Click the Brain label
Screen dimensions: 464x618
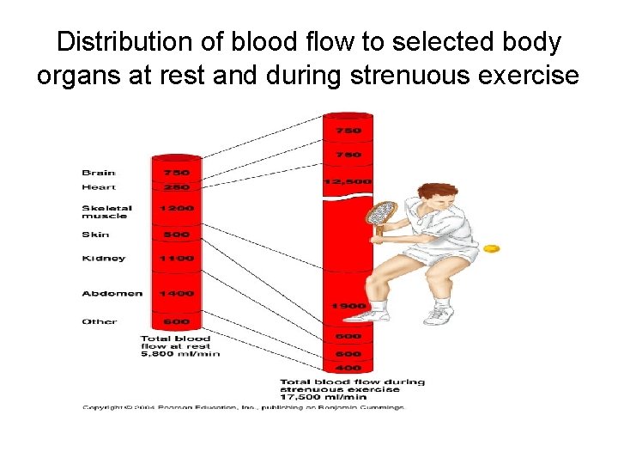pyautogui.click(x=98, y=173)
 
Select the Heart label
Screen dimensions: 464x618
pyautogui.click(x=98, y=186)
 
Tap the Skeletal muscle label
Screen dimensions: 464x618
pyautogui.click(x=106, y=211)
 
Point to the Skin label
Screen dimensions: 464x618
pyautogui.click(x=95, y=234)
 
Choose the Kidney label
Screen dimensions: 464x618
pyautogui.click(x=103, y=258)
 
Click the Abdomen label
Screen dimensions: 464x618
pyautogui.click(x=112, y=294)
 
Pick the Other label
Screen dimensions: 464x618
pyautogui.click(x=99, y=321)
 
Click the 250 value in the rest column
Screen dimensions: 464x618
pyautogui.click(x=175, y=186)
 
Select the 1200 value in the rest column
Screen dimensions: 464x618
pyautogui.click(x=175, y=208)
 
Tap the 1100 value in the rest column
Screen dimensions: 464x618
pyautogui.click(x=175, y=258)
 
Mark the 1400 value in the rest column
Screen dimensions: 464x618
pyautogui.click(x=175, y=294)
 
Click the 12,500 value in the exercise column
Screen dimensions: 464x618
pyautogui.click(x=348, y=181)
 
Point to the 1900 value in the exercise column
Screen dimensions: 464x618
pyautogui.click(x=348, y=306)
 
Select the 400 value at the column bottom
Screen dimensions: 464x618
pyautogui.click(x=348, y=368)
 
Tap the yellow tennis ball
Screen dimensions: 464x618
pyautogui.click(x=491, y=248)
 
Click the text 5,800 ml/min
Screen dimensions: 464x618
pyautogui.click(x=180, y=353)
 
